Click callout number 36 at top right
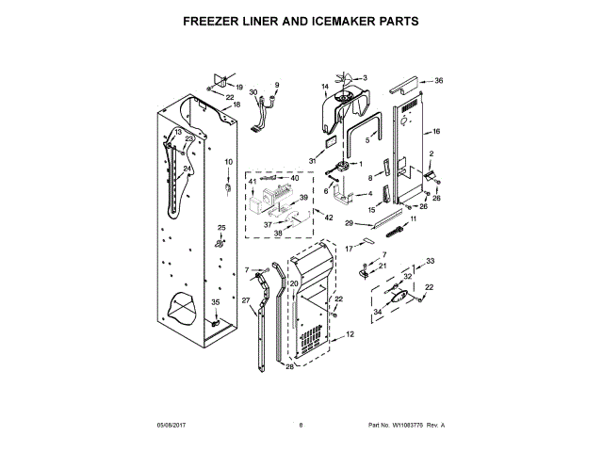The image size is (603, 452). [x=437, y=81]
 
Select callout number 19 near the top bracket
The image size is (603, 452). [x=239, y=87]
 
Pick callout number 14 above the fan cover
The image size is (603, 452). [x=325, y=88]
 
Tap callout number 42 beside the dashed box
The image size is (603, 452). [x=328, y=218]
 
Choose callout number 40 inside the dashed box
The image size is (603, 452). [x=295, y=178]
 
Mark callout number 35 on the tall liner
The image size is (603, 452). [x=215, y=302]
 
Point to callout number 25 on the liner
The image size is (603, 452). [x=221, y=229]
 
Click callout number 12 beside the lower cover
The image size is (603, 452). [x=350, y=334]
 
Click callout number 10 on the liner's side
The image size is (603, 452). [x=228, y=162]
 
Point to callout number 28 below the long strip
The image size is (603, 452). [x=289, y=366]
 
